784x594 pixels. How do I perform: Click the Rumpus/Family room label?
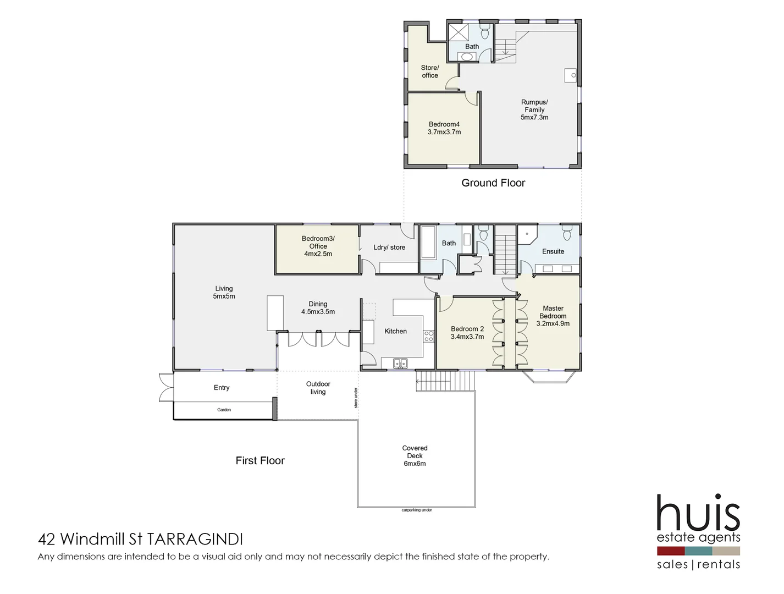click(534, 109)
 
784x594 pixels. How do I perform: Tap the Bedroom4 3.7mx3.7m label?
click(444, 128)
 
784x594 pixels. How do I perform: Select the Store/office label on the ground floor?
click(430, 71)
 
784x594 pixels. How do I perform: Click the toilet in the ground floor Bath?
click(484, 31)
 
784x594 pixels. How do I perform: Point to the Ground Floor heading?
click(493, 183)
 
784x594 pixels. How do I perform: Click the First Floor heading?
click(260, 461)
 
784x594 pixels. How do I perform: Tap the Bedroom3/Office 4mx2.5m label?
click(318, 246)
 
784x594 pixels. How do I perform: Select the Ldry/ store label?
click(389, 248)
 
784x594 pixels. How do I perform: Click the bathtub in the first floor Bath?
click(428, 242)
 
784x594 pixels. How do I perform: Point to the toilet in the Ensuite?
click(567, 234)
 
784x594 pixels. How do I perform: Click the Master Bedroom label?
click(553, 316)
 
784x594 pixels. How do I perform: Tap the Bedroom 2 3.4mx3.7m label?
click(467, 333)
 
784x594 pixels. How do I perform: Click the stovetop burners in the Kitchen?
click(428, 336)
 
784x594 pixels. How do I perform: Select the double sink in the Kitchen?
click(400, 363)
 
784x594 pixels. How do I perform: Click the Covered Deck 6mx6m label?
click(415, 456)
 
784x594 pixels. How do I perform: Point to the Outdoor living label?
click(318, 388)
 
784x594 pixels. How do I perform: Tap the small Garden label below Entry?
click(224, 410)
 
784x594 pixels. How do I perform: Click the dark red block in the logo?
click(670, 551)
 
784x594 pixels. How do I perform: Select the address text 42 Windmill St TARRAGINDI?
click(140, 539)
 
